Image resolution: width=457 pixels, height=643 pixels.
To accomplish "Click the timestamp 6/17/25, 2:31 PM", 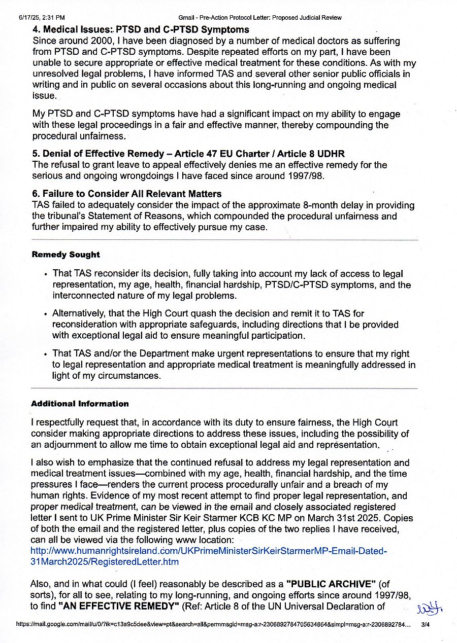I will coord(42,18).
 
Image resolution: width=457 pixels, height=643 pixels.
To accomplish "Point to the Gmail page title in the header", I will coord(260,18).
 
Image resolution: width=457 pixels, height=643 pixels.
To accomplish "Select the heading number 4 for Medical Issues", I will coord(36,30).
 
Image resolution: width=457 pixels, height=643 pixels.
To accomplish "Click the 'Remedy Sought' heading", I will coord(66,255).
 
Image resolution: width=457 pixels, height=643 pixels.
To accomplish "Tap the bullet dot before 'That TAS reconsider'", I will coord(46,274).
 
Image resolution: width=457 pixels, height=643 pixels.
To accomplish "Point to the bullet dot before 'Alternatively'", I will coord(46,314).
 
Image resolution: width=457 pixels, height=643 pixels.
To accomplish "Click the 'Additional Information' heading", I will coord(80,404).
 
